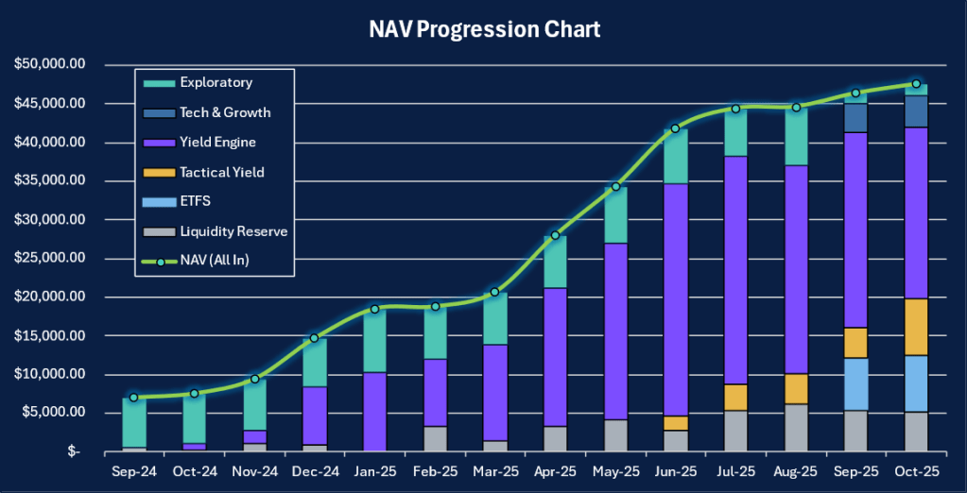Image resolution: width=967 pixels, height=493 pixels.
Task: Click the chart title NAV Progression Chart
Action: click(x=483, y=30)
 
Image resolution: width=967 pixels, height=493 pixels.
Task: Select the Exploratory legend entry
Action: click(x=216, y=82)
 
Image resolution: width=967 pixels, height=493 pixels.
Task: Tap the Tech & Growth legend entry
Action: click(x=224, y=112)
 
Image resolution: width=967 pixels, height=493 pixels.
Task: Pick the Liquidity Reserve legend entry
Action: click(x=233, y=231)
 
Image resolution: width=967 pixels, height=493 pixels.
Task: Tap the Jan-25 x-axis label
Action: click(x=374, y=469)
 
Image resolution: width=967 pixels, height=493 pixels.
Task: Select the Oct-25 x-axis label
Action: click(x=915, y=469)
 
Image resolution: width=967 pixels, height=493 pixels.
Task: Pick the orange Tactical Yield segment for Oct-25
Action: click(x=915, y=327)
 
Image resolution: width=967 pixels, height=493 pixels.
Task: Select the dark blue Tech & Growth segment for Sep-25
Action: click(x=855, y=117)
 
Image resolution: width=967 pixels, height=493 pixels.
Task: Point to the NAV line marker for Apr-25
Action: click(x=555, y=235)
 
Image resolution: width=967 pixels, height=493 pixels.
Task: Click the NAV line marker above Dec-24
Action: click(x=314, y=337)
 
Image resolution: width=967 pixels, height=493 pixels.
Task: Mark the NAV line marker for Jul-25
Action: click(x=735, y=109)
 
